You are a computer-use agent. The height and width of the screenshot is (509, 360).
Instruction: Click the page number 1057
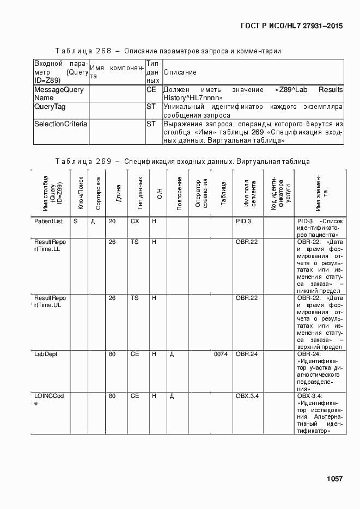pos(334,479)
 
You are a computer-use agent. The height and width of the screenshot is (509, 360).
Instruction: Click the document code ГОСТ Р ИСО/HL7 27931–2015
pos(291,26)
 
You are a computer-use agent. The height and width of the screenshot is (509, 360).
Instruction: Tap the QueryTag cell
pos(50,107)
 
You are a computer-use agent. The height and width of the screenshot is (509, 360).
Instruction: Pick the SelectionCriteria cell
pos(61,124)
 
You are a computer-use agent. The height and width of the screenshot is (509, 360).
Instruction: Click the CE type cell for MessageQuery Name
pos(151,90)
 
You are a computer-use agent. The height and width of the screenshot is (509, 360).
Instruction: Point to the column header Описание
pos(180,72)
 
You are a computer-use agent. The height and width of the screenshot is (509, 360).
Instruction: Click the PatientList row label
pos(48,222)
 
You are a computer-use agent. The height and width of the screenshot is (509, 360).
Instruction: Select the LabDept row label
pos(46,354)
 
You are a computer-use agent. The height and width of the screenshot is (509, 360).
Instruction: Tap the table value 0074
pos(221,354)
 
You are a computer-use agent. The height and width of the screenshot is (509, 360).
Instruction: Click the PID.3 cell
pos(243,222)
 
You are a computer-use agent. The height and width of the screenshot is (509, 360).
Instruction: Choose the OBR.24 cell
pos(247,354)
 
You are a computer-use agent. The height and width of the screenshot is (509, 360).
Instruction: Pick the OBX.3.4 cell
pos(247,396)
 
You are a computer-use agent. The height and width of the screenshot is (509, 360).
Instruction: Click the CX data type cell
pos(135,222)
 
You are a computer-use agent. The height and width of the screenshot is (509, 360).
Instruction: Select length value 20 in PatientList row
pos(112,222)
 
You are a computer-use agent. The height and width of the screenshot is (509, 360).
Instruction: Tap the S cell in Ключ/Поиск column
pos(76,222)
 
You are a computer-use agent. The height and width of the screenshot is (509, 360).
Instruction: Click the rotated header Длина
pos(119,193)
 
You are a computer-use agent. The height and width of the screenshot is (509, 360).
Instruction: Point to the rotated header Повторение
pos(179,193)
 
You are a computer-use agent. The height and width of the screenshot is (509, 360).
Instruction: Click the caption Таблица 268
pos(83,51)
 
